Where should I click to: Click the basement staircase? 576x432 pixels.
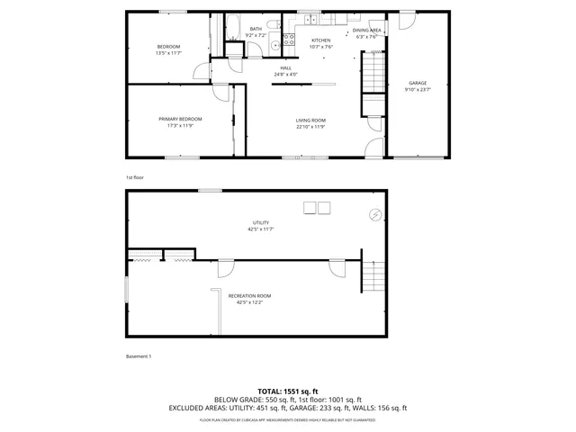tap(373, 274)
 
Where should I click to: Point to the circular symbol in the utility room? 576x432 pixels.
tap(375, 214)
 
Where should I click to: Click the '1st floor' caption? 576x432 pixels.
tap(134, 177)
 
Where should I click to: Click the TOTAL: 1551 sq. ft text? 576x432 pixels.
tap(288, 391)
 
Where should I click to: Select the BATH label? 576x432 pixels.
tap(256, 29)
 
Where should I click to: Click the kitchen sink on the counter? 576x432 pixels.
tap(309, 19)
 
